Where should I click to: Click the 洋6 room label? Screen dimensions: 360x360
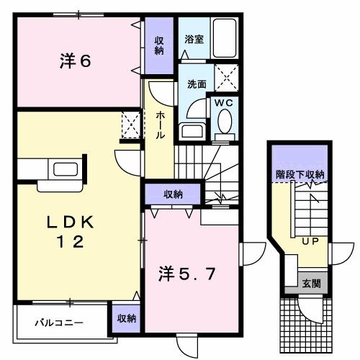click(74, 61)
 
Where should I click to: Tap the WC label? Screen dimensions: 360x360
click(223, 103)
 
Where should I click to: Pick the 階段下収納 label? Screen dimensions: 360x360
click(300, 174)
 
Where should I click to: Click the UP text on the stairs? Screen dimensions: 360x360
click(311, 241)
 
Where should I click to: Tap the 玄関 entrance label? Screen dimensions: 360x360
click(311, 282)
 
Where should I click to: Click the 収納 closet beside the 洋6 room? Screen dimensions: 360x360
click(158, 45)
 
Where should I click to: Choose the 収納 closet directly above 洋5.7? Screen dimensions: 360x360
click(172, 194)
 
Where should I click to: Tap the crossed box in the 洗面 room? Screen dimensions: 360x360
click(227, 75)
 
